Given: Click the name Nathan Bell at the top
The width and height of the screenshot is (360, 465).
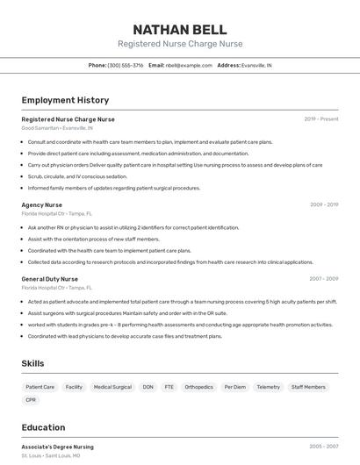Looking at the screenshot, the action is (x=179, y=30).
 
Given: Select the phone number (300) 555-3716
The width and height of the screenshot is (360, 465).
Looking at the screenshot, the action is (x=125, y=65).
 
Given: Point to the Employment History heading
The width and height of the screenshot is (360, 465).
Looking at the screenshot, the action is (x=65, y=100).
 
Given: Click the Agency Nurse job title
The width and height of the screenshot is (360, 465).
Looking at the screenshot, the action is (x=41, y=204).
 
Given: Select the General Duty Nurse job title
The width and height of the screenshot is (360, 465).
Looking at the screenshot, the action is (x=49, y=279).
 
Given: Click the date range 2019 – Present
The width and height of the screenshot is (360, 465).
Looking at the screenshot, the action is (x=320, y=118).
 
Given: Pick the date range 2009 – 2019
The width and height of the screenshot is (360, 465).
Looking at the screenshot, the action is (x=323, y=204).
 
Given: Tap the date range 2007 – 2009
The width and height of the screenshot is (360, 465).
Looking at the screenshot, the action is (x=323, y=279).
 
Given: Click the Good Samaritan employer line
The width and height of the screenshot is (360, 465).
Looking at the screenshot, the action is (x=56, y=128).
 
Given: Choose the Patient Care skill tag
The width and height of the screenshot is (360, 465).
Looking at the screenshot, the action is (x=40, y=387).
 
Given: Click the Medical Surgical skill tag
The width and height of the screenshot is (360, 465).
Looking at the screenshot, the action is (x=112, y=387).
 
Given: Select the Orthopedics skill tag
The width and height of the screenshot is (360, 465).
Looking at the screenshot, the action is (x=198, y=387).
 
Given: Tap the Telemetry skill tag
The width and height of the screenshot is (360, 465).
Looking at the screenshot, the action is (x=268, y=387).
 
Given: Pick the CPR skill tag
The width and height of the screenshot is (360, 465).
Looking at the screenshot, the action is (x=31, y=400).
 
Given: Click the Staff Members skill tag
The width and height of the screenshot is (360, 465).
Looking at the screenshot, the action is (x=308, y=387).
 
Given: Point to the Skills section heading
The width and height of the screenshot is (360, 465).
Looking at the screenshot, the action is (x=32, y=363).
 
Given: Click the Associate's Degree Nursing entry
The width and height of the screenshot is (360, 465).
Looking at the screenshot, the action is (x=57, y=447).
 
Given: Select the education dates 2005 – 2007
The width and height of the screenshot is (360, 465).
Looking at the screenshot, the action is (x=323, y=447).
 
